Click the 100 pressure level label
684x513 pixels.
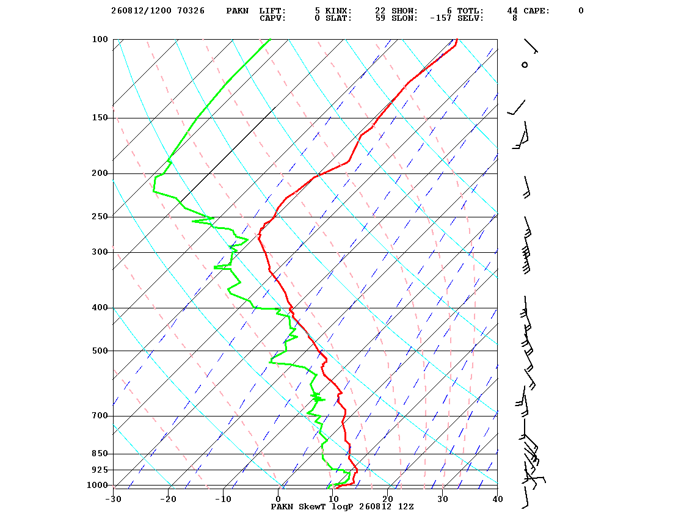100,39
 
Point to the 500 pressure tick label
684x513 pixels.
100,351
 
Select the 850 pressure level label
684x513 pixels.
100,454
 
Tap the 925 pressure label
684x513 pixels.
100,470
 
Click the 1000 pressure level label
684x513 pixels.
97,485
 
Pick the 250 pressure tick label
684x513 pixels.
100,217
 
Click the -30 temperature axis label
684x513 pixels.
114,499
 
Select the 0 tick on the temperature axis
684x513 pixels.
278,499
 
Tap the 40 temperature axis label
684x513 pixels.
498,499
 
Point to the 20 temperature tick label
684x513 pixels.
388,499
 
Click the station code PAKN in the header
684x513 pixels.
238,11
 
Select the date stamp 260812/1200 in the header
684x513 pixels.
141,11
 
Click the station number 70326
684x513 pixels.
191,11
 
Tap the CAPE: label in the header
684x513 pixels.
537,11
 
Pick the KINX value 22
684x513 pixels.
380,11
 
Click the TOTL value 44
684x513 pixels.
512,11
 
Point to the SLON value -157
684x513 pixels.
440,18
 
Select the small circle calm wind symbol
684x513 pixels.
525,65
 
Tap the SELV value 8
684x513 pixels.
515,18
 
